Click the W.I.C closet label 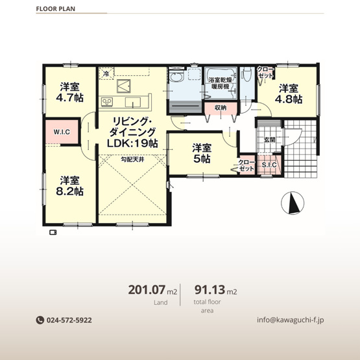coord(62,132)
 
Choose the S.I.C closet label coord(269,165)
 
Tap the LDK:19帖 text coord(132,144)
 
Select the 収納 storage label coord(220,108)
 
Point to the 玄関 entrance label coord(269,140)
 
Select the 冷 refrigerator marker coord(106,74)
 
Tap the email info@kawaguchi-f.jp coord(290,320)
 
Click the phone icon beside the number coord(39,320)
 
